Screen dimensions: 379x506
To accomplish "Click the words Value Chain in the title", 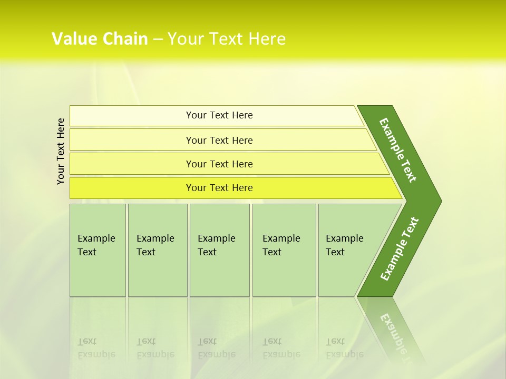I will pos(100,39).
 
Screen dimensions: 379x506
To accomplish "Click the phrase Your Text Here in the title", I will pos(227,39).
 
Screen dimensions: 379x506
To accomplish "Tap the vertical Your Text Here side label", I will pos(61,151).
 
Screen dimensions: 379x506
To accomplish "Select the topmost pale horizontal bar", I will pos(132,116).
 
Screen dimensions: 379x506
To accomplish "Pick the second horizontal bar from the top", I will pos(132,140).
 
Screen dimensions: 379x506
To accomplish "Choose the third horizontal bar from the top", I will pos(132,164).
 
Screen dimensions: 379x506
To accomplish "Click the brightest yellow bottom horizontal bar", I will pos(132,188).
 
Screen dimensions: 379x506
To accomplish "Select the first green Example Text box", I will pos(98,274).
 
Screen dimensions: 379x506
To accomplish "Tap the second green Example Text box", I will pos(158,274).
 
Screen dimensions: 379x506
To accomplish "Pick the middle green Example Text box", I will pos(219,274).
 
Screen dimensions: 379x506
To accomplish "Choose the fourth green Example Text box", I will pos(284,274).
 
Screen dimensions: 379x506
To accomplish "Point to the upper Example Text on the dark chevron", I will pos(398,150).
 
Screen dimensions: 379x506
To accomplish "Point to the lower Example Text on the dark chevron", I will pos(400,249).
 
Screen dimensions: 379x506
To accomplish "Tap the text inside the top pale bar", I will pos(219,115).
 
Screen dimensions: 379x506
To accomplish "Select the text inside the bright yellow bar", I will pos(219,188).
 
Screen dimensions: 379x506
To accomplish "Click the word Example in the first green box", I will pos(96,238).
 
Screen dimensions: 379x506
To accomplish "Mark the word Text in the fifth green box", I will pos(335,252).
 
